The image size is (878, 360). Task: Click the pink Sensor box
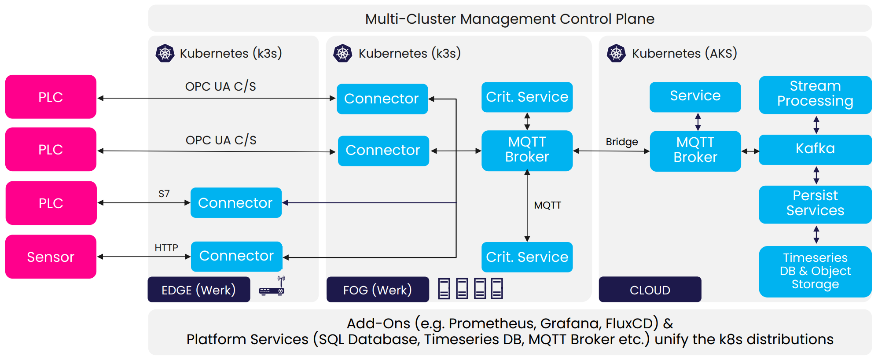51,257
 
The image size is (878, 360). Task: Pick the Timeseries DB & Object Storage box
815,271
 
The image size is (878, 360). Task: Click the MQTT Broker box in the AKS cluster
695,151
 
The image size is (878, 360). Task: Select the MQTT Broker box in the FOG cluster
527,150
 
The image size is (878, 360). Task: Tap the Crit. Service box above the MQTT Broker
527,97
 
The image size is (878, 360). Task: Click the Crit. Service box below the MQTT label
527,257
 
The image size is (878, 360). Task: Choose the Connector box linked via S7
236,202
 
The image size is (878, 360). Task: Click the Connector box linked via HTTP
236,256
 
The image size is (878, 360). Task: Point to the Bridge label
621,142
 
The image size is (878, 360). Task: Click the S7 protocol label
164,194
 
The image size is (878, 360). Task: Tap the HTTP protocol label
166,248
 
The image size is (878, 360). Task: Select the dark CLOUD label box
650,290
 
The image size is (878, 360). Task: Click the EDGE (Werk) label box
198,290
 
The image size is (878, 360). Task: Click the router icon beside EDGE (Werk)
272,287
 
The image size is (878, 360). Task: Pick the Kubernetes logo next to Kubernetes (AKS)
616,53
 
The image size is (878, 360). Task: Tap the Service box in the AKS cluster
695,96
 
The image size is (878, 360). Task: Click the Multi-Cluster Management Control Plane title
510,19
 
